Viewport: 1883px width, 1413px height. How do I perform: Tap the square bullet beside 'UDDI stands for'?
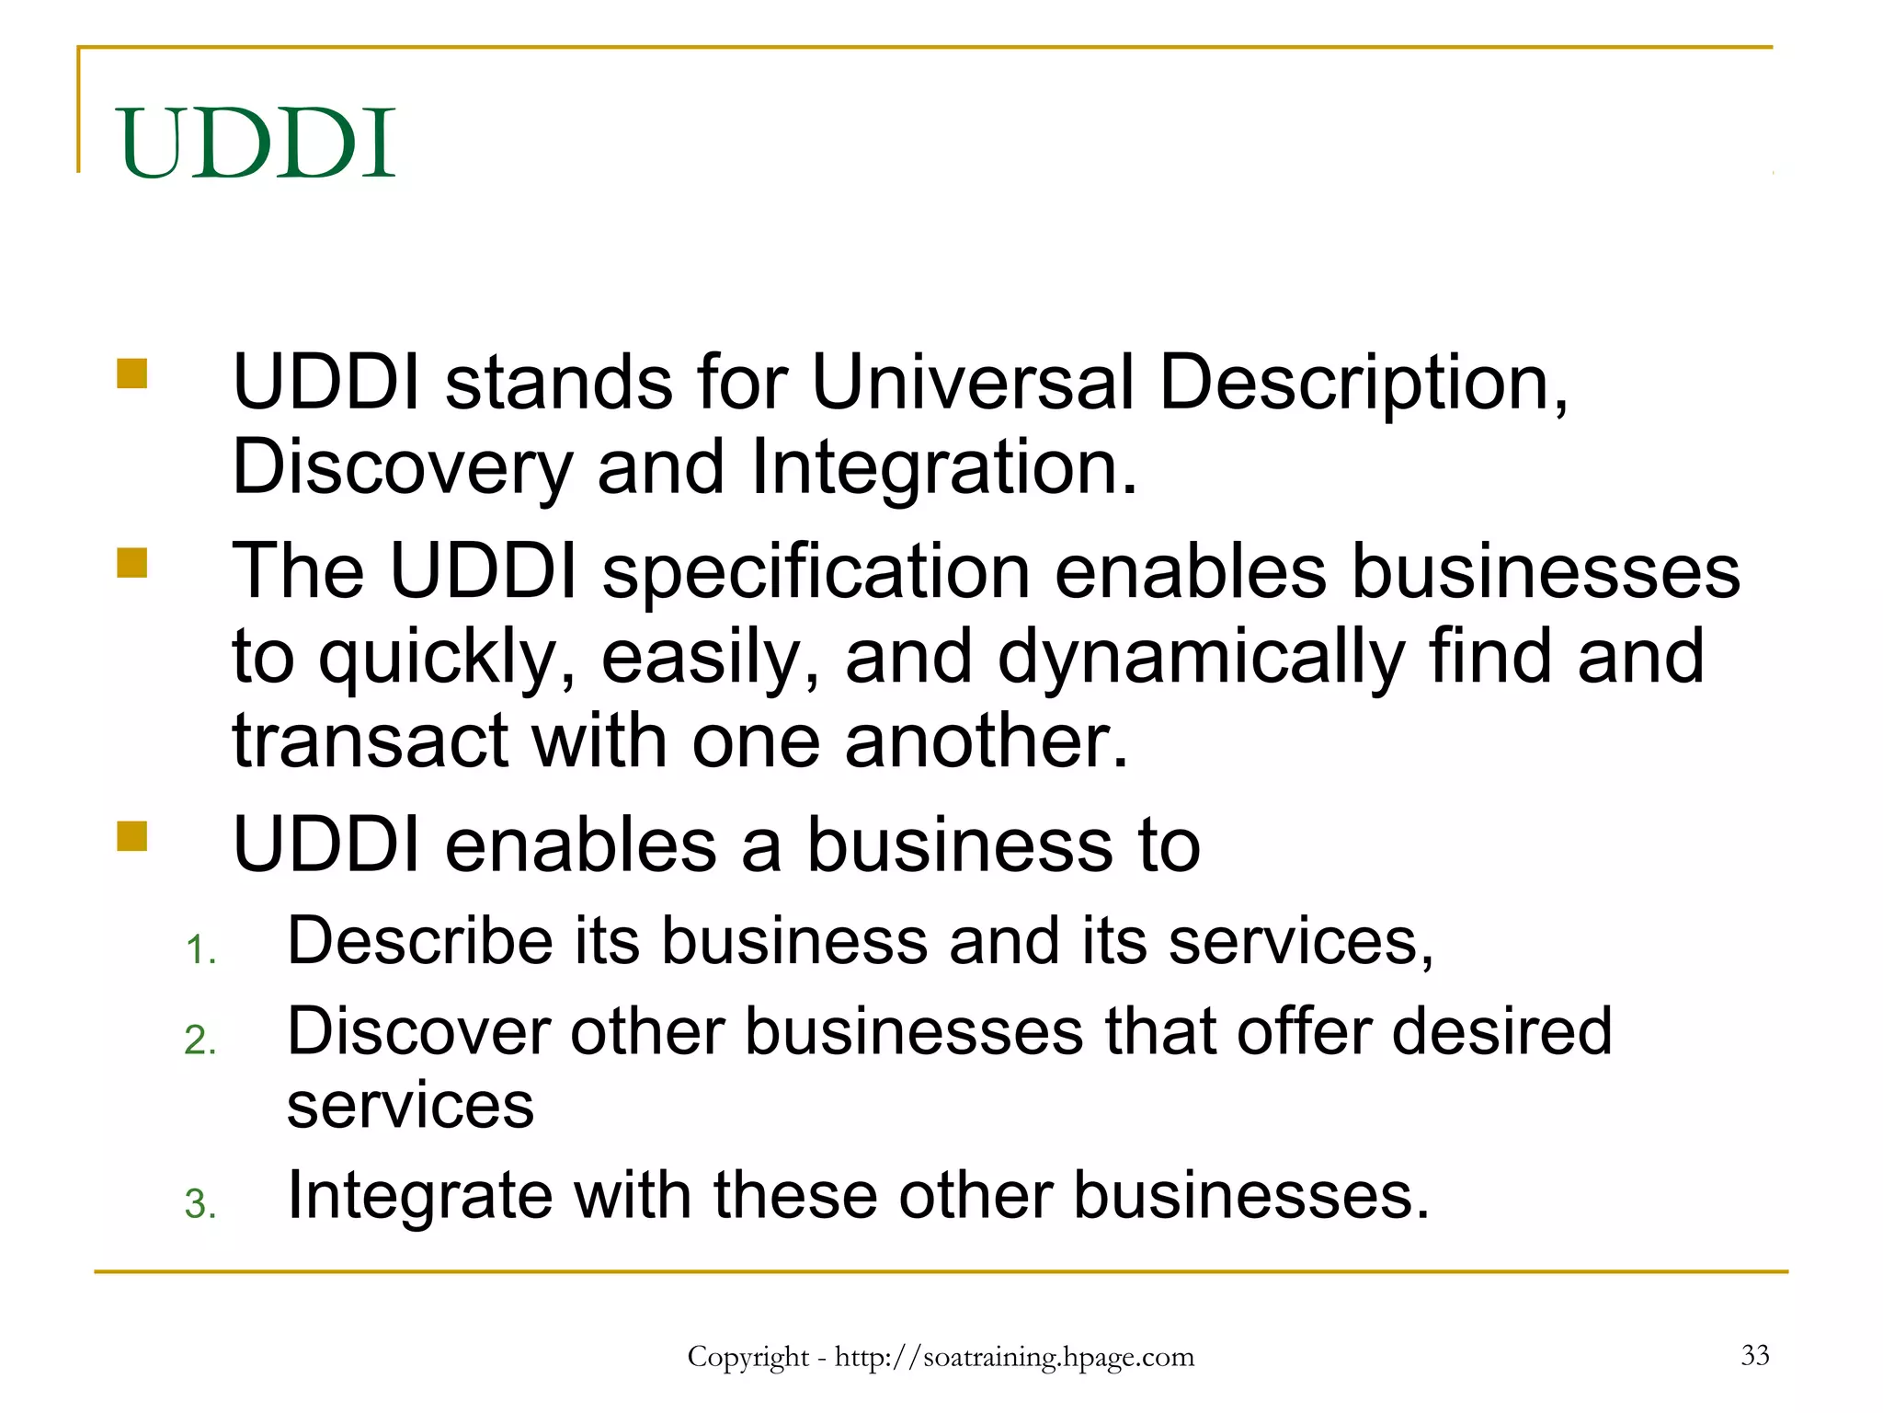132,374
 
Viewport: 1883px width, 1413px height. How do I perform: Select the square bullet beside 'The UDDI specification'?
132,562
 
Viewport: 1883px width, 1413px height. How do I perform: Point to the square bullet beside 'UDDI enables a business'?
132,836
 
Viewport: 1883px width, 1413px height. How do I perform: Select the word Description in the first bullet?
1361,384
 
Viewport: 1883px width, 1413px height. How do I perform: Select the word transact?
370,741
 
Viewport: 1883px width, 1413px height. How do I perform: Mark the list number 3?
200,1204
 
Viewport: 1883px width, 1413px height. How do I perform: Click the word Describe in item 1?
419,941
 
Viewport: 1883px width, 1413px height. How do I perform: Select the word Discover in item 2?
417,1031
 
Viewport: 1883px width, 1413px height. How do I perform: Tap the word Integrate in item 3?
419,1196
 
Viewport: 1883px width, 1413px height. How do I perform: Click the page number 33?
1754,1355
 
